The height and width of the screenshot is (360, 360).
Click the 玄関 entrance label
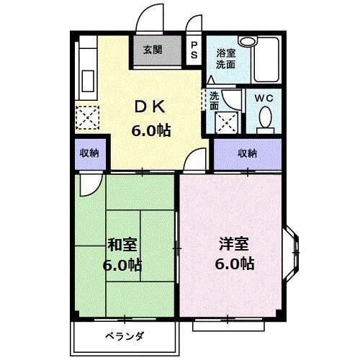tap(152, 50)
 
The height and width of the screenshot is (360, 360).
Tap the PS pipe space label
tap(193, 50)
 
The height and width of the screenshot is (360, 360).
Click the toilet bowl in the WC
tap(264, 117)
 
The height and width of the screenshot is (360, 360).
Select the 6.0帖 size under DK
tap(150, 131)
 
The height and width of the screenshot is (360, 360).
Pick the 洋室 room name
tap(235, 243)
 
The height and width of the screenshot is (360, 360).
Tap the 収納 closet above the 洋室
tap(248, 153)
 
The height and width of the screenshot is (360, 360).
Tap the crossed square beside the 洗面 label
tap(230, 122)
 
